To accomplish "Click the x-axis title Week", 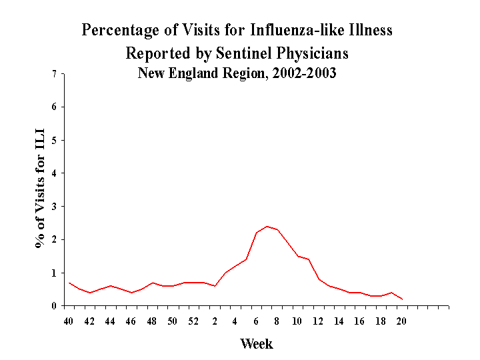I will click(x=257, y=344).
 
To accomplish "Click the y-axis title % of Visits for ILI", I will click(x=41, y=190).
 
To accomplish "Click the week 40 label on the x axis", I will click(x=69, y=321).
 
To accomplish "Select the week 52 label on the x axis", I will click(x=193, y=321).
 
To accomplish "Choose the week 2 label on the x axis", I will click(x=215, y=321).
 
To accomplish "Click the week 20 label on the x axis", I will click(x=401, y=321).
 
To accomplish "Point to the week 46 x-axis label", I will click(x=131, y=321).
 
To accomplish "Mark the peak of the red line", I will click(x=267, y=226).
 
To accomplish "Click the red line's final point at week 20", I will click(x=401, y=299).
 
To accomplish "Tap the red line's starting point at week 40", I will click(x=69, y=283).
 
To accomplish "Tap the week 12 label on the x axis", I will click(x=319, y=321).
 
